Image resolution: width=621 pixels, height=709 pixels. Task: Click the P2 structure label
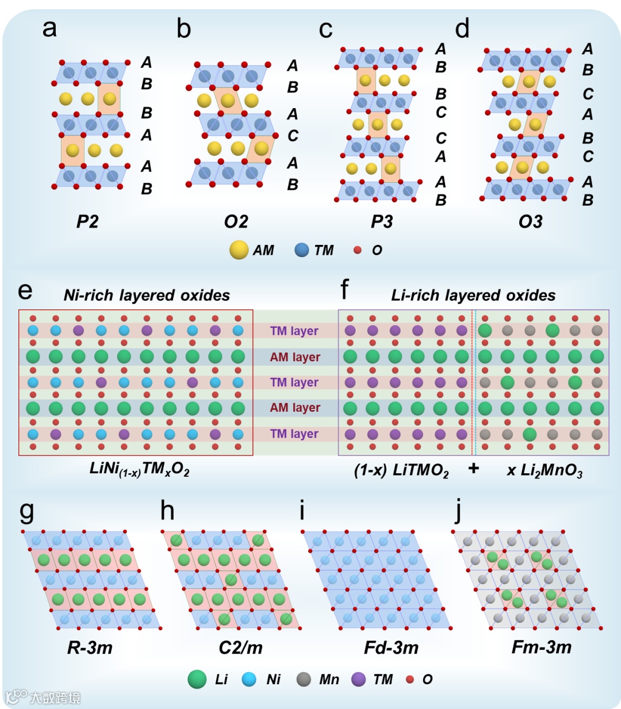pyautogui.click(x=87, y=221)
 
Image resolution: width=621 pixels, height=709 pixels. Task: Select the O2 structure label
pyautogui.click(x=236, y=221)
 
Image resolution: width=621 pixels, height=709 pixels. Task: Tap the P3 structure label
pyautogui.click(x=382, y=221)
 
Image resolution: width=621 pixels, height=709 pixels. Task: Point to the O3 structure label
pyautogui.click(x=530, y=221)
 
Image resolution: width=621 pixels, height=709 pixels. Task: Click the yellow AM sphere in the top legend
pyautogui.click(x=239, y=250)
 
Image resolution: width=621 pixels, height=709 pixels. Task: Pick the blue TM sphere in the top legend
pyautogui.click(x=302, y=250)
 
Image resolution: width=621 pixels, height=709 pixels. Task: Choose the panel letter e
pyautogui.click(x=25, y=290)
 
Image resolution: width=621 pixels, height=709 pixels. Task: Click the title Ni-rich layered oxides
pyautogui.click(x=147, y=295)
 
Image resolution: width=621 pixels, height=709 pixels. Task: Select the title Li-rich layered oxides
pyautogui.click(x=473, y=295)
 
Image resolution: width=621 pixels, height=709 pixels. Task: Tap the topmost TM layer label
pyautogui.click(x=294, y=331)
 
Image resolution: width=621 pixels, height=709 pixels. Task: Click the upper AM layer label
pyautogui.click(x=295, y=357)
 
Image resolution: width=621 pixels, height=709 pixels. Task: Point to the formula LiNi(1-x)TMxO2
pyautogui.click(x=139, y=469)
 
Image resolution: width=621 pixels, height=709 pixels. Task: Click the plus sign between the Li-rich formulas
pyautogui.click(x=473, y=469)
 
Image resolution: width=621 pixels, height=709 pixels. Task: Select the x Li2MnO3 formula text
pyautogui.click(x=545, y=470)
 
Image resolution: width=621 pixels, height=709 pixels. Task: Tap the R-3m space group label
pyautogui.click(x=90, y=647)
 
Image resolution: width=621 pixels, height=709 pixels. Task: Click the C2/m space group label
pyautogui.click(x=240, y=647)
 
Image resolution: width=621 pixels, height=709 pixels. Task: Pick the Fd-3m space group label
pyautogui.click(x=391, y=647)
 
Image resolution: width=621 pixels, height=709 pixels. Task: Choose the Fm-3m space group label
pyautogui.click(x=542, y=647)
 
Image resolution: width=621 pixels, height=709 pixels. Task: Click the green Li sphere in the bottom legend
pyautogui.click(x=197, y=679)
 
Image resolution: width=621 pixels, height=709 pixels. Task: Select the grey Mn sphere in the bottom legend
pyautogui.click(x=304, y=679)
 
